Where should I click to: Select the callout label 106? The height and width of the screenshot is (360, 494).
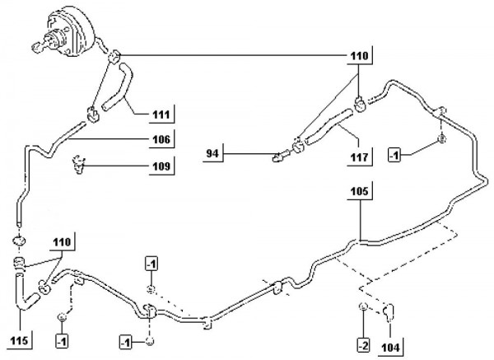tap(162, 139)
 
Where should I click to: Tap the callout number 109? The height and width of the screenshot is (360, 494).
tap(162, 167)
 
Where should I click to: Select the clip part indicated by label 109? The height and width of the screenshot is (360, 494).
tap(77, 165)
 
